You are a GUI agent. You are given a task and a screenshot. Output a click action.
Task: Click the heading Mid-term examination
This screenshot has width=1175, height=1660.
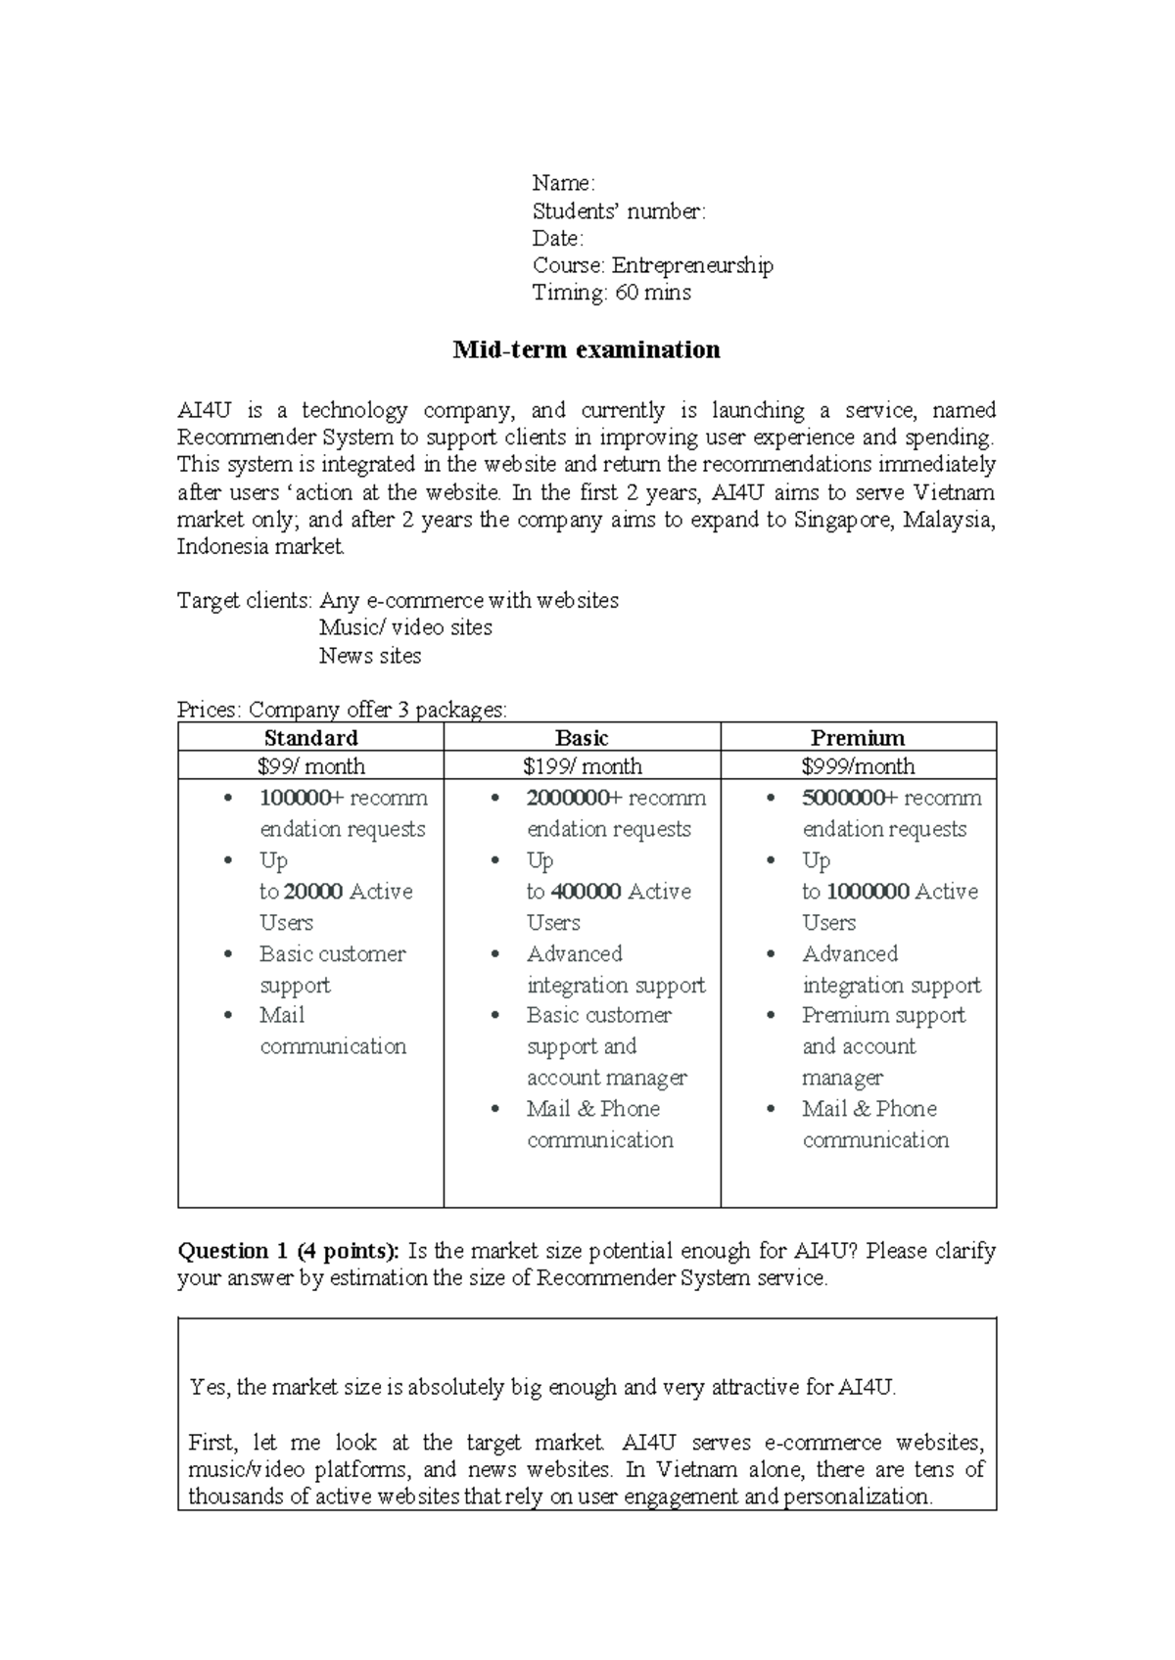pyautogui.click(x=586, y=349)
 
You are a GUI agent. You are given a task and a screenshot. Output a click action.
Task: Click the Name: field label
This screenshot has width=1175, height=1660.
pyautogui.click(x=563, y=183)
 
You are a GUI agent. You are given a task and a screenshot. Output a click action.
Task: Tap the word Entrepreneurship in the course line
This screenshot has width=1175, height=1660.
pyautogui.click(x=692, y=265)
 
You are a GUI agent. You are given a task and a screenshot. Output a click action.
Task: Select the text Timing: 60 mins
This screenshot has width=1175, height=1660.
pyautogui.click(x=611, y=293)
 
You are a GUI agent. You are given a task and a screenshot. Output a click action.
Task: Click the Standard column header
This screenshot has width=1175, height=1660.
pyautogui.click(x=310, y=738)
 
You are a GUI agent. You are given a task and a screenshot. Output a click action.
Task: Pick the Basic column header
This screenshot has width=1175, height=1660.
pyautogui.click(x=582, y=738)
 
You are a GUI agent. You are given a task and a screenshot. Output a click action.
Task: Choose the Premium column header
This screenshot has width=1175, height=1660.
pyautogui.click(x=858, y=738)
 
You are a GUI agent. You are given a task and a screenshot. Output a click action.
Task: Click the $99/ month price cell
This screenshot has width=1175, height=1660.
pyautogui.click(x=310, y=766)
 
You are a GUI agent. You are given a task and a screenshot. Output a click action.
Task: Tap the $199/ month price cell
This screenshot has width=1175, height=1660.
pyautogui.click(x=582, y=766)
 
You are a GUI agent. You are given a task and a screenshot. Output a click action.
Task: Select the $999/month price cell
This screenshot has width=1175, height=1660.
pyautogui.click(x=858, y=766)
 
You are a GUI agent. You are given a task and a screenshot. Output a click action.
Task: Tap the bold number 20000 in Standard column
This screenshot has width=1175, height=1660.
pyautogui.click(x=313, y=892)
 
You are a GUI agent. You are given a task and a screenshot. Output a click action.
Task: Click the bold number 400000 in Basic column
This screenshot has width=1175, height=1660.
pyautogui.click(x=587, y=892)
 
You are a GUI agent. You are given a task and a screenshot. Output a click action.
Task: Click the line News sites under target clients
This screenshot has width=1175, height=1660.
pyautogui.click(x=370, y=656)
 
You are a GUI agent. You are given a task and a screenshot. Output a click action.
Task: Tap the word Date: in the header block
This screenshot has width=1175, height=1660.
pyautogui.click(x=557, y=238)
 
